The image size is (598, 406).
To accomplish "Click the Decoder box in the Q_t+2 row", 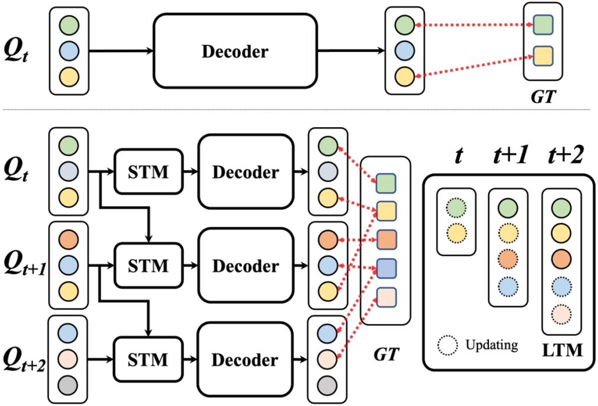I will (x=245, y=358).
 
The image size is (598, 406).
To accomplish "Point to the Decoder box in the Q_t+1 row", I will (x=245, y=266).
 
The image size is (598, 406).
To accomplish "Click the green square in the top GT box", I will (x=542, y=26).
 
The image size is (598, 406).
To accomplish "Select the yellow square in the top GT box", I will (x=542, y=56).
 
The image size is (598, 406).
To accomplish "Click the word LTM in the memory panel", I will (x=563, y=351).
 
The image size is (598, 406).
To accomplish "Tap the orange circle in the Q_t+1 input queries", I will (x=68, y=239).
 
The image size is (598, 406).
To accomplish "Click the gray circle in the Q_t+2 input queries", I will (x=68, y=386).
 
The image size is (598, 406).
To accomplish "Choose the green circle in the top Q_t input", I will (x=68, y=26).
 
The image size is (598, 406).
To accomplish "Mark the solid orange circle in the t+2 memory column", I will (x=562, y=258).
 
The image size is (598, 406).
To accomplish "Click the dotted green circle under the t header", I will (x=456, y=208).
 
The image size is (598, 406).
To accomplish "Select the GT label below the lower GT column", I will (x=386, y=354).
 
